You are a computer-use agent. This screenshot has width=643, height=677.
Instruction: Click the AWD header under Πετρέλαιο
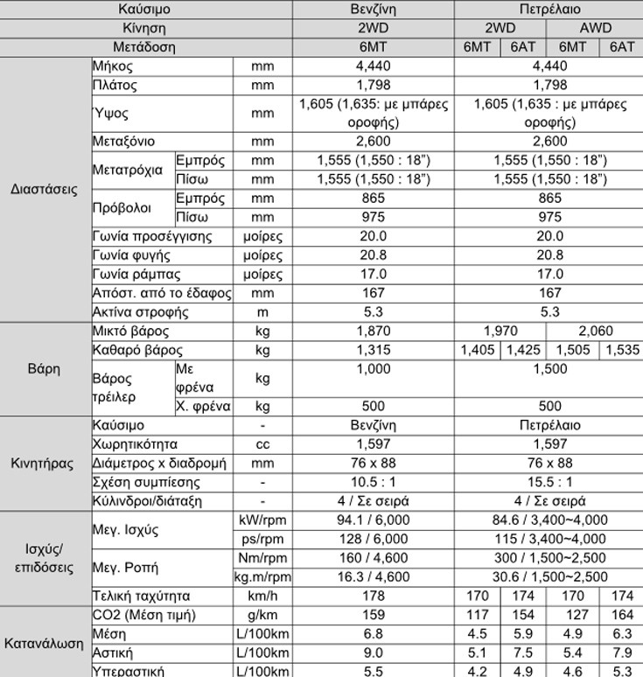[596, 28]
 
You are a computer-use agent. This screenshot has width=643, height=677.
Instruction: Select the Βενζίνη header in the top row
[374, 10]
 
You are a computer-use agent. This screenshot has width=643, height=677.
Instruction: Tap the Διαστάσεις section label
[45, 189]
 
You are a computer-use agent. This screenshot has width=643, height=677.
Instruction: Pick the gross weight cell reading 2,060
[595, 332]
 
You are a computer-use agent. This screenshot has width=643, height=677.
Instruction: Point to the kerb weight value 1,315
[374, 351]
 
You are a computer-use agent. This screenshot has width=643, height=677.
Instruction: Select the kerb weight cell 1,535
[622, 351]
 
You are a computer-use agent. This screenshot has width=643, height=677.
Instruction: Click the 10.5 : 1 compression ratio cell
[374, 482]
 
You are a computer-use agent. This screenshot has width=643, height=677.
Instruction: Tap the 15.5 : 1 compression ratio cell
[550, 482]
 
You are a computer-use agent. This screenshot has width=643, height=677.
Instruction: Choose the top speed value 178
[374, 596]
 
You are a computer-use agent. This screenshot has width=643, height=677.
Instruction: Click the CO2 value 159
[374, 615]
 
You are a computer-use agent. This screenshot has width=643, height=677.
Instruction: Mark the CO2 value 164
[622, 615]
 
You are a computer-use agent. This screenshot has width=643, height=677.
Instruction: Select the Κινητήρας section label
[45, 463]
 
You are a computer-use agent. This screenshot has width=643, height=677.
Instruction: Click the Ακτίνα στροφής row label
[140, 312]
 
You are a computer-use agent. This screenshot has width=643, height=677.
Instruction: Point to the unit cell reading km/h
[262, 596]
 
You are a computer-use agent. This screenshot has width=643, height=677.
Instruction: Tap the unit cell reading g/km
[262, 615]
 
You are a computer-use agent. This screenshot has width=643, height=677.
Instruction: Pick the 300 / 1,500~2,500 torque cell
[550, 558]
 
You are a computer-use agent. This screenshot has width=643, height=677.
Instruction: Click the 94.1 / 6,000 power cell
[374, 520]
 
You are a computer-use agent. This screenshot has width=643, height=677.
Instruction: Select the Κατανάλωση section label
[45, 644]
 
